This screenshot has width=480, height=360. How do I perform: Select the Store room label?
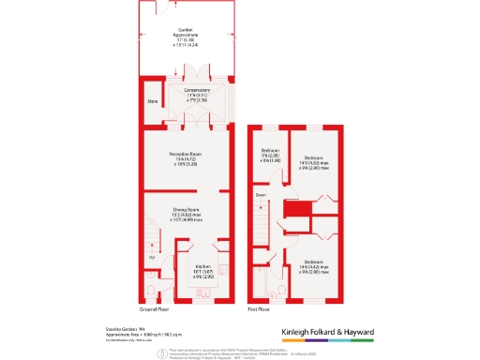click(152, 100)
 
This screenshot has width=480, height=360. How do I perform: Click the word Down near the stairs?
click(261, 194)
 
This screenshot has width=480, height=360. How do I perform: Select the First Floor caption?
click(260, 308)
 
